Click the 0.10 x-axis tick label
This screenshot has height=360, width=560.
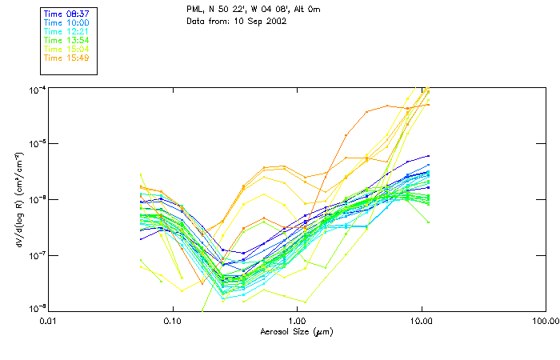tap(172, 320)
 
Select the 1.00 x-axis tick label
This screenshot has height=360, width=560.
tap(297, 320)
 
